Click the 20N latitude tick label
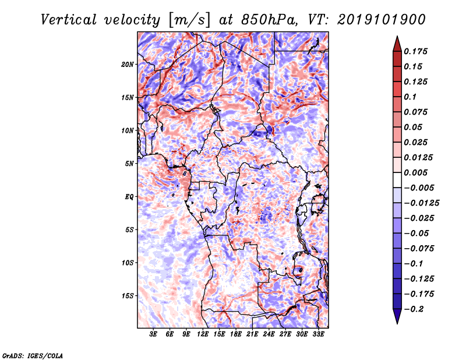pos(128,64)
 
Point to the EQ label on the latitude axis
pos(129,197)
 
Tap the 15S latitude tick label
pos(128,296)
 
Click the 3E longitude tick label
pos(154,334)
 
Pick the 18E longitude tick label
pos(236,334)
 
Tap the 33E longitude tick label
pos(318,334)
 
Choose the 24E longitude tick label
pos(269,334)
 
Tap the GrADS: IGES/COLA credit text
pos(33,355)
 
